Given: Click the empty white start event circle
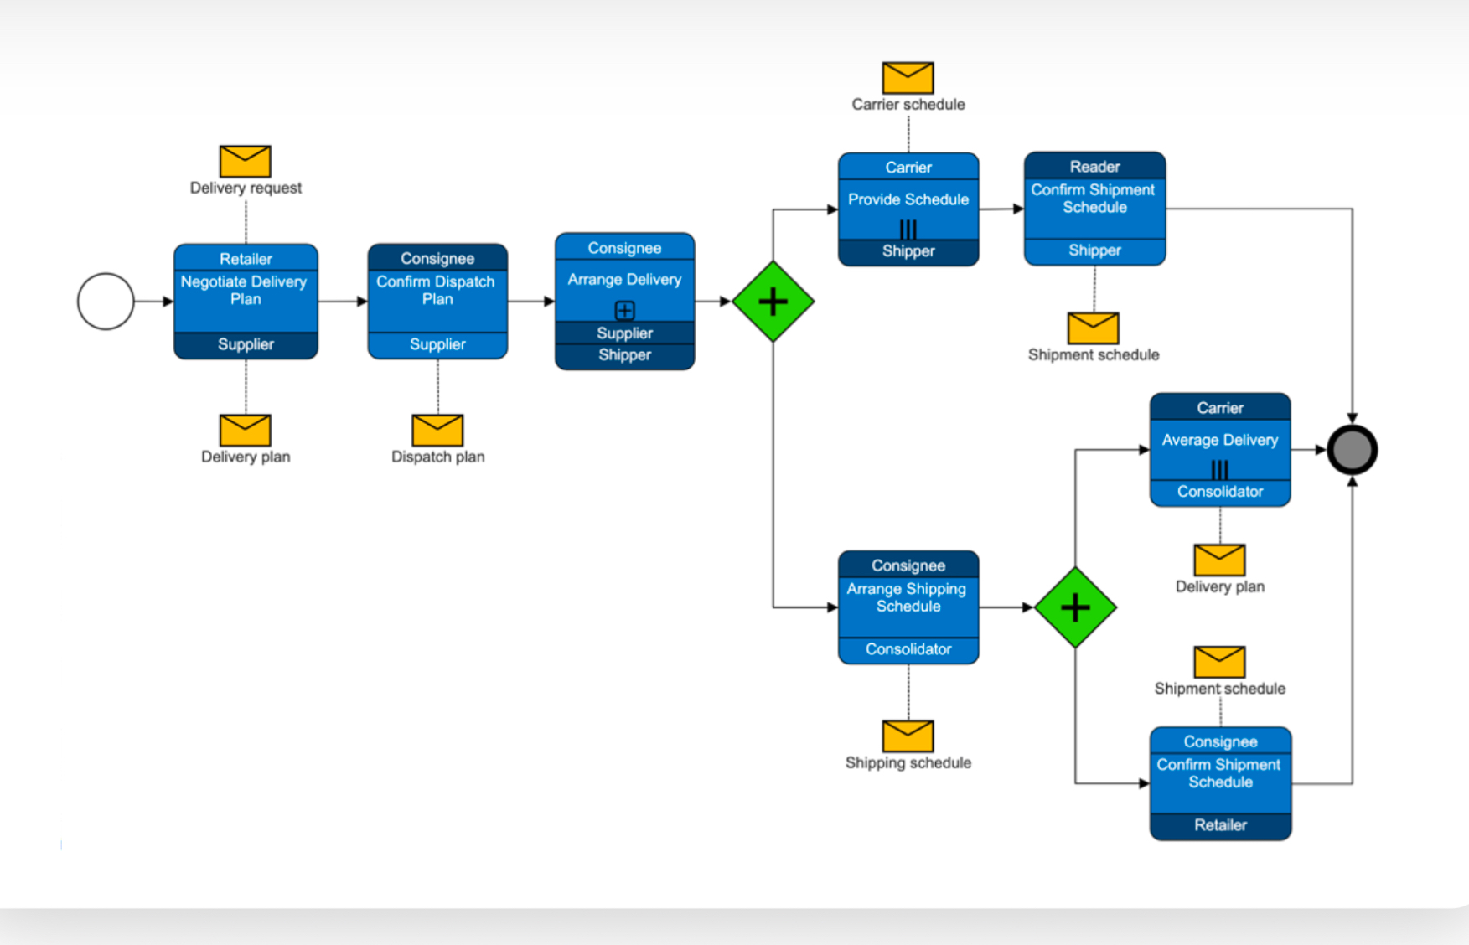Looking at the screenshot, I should tap(106, 302).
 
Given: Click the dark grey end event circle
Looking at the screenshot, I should tap(1352, 450).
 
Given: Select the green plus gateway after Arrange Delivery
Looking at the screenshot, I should tap(773, 302).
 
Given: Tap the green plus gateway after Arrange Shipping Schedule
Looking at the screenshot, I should tap(1075, 607).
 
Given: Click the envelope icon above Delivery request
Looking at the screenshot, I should tap(245, 161).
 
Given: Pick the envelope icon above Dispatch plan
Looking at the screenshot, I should tap(437, 430).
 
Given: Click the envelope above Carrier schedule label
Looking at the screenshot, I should tap(908, 78).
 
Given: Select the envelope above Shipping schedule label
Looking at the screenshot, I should tap(908, 736).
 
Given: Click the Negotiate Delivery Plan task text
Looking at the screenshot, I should tap(245, 291).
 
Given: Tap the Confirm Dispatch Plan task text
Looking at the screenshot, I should tap(437, 291).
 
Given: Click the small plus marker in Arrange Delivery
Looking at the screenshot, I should tap(624, 311).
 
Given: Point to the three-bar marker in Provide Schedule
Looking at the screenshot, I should tap(908, 229).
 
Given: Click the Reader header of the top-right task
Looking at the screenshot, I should tap(1094, 166).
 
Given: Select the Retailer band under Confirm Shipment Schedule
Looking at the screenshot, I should tap(1220, 825).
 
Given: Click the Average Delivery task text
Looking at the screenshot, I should tap(1220, 440).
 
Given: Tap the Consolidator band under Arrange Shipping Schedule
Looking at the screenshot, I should tap(908, 649).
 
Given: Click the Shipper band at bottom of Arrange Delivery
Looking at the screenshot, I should tap(624, 355).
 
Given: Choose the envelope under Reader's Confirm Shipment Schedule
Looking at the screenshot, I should tap(1093, 328).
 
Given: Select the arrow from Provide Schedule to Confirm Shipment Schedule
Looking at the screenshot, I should tap(1001, 209).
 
